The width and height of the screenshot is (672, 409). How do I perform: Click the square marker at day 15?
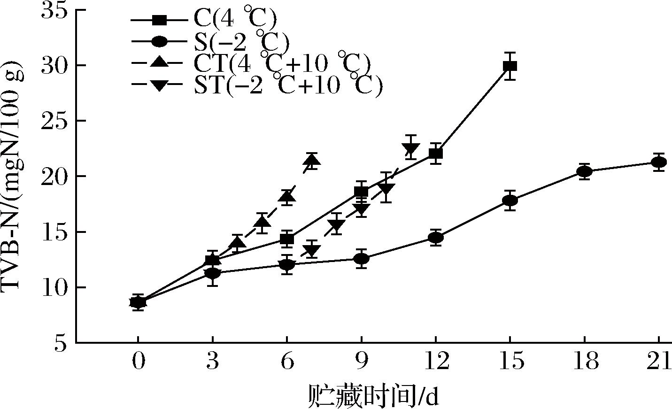click(510, 66)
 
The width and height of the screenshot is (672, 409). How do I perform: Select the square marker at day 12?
click(436, 154)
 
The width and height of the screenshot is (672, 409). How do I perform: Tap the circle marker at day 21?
click(659, 162)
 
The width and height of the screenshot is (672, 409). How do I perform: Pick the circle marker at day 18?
click(584, 172)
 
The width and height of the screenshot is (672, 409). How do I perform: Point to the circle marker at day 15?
click(510, 201)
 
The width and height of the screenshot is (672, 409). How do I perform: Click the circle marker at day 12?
click(436, 238)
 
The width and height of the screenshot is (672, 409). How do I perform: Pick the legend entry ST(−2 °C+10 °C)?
click(257, 85)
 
